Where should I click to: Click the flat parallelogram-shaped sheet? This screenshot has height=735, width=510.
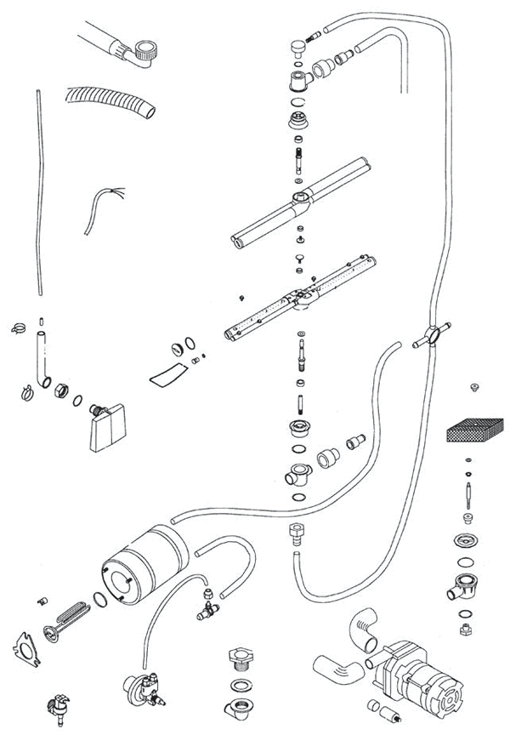167,373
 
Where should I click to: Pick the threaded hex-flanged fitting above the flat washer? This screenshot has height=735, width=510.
238,659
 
